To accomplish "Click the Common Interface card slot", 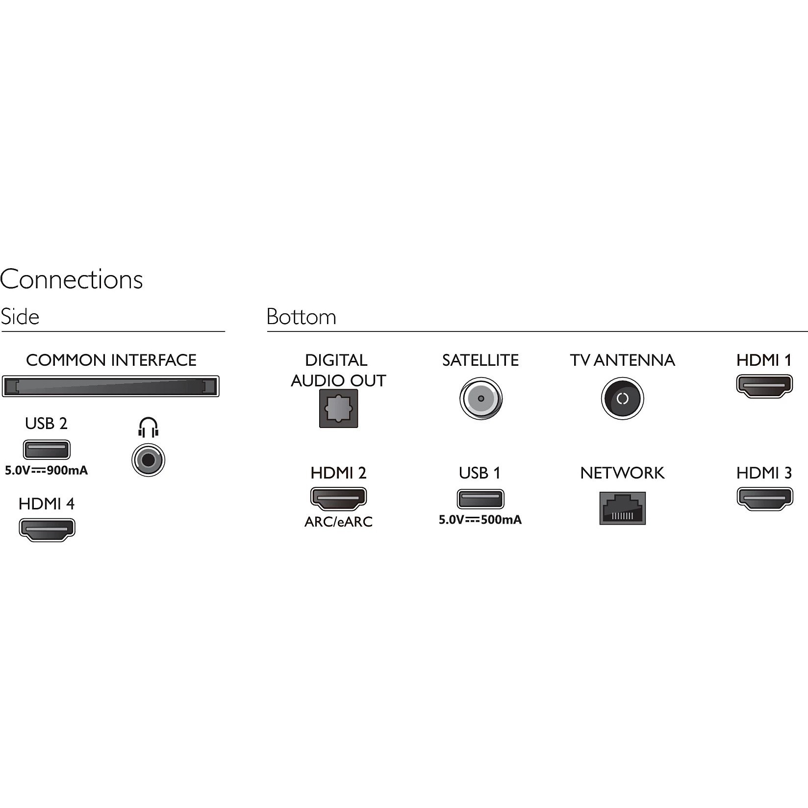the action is click(110, 386).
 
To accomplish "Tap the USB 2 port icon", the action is click(47, 450).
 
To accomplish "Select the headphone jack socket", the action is click(148, 460).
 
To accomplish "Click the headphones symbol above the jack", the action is click(148, 427).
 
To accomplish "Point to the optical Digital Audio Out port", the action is click(339, 408).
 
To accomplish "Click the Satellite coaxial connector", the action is click(481, 398).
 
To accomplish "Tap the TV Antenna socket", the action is click(622, 398).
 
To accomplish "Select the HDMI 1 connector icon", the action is click(764, 386).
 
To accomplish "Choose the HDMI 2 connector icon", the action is click(338, 499).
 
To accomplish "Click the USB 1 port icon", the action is click(480, 499).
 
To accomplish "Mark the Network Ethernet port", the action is click(623, 508).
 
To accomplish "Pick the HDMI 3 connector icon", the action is click(765, 499).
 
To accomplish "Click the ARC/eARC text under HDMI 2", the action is click(338, 522).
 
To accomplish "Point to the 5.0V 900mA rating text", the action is click(46, 471).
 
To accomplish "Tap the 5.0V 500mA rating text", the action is click(480, 520).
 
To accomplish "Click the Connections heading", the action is click(72, 279).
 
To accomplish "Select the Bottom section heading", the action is click(302, 317).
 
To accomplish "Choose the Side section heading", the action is click(20, 317).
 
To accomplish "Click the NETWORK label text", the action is click(622, 473).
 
